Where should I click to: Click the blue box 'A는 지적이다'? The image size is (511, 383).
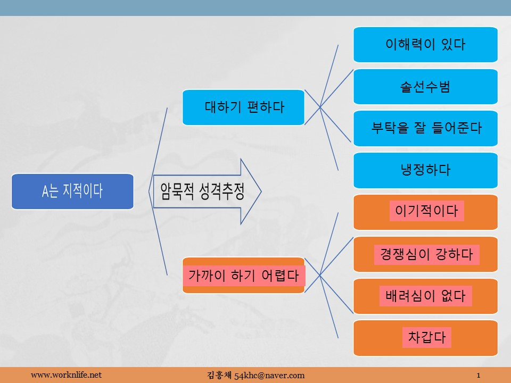pyautogui.click(x=72, y=191)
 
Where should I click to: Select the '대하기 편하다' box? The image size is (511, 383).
pyautogui.click(x=244, y=107)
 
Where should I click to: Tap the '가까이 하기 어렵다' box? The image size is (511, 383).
pyautogui.click(x=244, y=275)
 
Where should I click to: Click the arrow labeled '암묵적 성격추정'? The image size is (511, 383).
pyautogui.click(x=208, y=191)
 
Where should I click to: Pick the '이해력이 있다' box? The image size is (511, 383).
pyautogui.click(x=425, y=45)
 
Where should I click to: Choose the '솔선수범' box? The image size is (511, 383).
pyautogui.click(x=425, y=87)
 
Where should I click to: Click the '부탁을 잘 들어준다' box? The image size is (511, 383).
pyautogui.click(x=425, y=128)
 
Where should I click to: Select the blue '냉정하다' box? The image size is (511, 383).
pyautogui.click(x=425, y=170)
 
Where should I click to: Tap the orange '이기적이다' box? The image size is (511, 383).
pyautogui.click(x=425, y=212)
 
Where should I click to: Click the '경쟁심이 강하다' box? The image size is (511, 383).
pyautogui.click(x=425, y=254)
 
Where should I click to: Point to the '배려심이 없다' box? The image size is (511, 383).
pyautogui.click(x=425, y=296)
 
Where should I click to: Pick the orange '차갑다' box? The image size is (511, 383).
pyautogui.click(x=425, y=338)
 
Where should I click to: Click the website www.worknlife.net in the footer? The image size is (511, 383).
pyautogui.click(x=66, y=375)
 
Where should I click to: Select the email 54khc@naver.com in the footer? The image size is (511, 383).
pyautogui.click(x=273, y=375)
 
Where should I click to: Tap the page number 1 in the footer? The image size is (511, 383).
pyautogui.click(x=479, y=375)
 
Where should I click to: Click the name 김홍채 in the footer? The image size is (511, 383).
pyautogui.click(x=217, y=375)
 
